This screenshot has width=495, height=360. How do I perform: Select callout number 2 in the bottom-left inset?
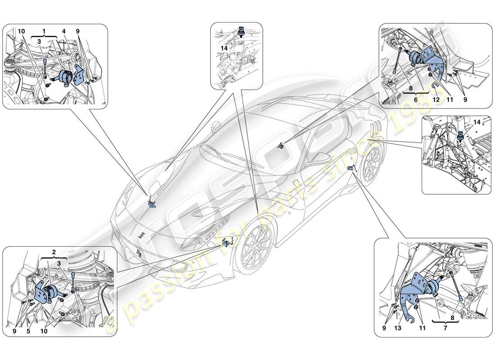54,253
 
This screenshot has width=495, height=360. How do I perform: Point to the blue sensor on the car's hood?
152,204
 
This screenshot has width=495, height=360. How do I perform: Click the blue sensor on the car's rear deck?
281,145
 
